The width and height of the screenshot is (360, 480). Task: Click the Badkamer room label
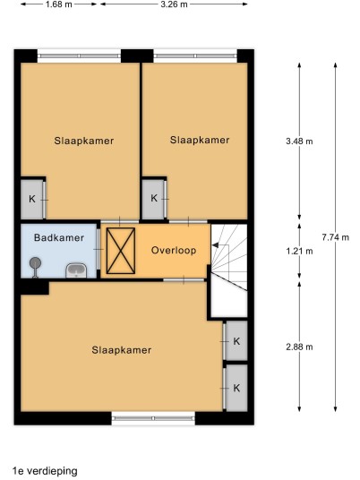coord(59,238)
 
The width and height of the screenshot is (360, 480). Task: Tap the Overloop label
coord(174,251)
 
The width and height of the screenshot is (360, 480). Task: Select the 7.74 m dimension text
coord(336,237)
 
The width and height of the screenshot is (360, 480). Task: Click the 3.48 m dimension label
coord(299,141)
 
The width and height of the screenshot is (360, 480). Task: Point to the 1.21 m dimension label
coord(299,252)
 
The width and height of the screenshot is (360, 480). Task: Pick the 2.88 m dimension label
coord(299,347)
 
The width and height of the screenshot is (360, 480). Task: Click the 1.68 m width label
coord(58,4)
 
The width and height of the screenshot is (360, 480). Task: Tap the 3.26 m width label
coord(174,4)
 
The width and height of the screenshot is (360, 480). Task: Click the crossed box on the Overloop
coord(121,251)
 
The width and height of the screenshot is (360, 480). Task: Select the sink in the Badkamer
coord(76,270)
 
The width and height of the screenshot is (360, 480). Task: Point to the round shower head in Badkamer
coord(35,263)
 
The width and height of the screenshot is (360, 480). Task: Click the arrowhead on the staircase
coord(215,245)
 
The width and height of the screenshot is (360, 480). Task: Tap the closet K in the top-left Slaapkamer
coord(33,200)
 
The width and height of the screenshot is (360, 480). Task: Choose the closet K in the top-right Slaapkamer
coord(154,199)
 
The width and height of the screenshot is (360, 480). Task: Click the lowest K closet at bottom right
coord(236,388)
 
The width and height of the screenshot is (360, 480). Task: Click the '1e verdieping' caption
coord(45,470)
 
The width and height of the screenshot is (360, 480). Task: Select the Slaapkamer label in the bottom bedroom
coord(122,350)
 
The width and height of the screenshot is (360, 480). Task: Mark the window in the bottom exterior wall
coord(153,418)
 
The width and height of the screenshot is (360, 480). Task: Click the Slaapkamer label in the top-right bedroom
coord(200,141)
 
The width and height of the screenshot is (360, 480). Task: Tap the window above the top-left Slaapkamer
coord(80,56)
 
